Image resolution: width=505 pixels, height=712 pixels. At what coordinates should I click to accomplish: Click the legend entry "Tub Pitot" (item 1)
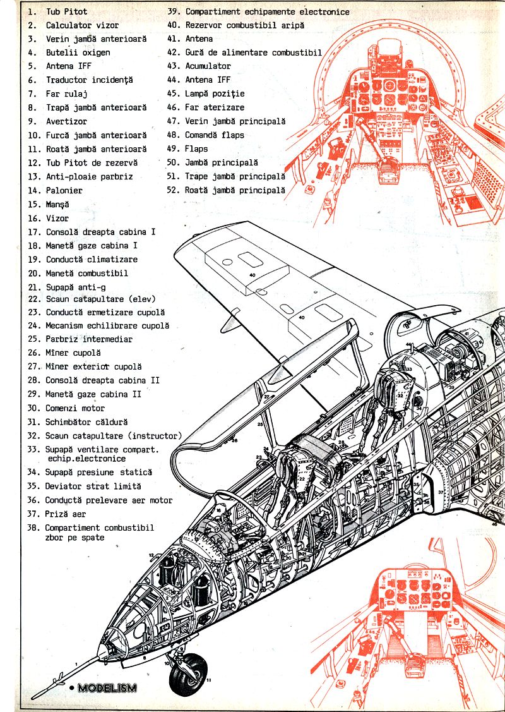(x=66, y=11)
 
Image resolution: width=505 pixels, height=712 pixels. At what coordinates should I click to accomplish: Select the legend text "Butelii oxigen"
(x=78, y=52)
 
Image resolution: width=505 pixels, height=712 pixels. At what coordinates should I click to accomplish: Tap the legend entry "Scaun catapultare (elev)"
(x=100, y=298)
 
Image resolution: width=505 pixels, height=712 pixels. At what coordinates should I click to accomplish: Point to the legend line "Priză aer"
(x=65, y=514)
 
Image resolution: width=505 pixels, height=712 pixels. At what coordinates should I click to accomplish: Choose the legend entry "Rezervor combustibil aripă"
(x=244, y=25)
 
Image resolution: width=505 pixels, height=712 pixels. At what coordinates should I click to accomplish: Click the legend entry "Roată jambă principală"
(x=235, y=190)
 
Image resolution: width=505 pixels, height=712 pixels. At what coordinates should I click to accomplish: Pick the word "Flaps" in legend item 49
(x=196, y=149)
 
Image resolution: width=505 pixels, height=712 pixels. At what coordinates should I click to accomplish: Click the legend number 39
(x=173, y=11)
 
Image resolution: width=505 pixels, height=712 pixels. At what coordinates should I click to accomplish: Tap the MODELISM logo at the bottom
(x=106, y=688)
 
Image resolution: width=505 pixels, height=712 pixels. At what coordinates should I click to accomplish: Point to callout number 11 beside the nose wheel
(x=209, y=680)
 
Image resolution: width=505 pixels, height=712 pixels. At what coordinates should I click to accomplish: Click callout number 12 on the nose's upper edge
(x=151, y=555)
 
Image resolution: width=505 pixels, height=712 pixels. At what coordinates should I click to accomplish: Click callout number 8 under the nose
(x=144, y=658)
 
